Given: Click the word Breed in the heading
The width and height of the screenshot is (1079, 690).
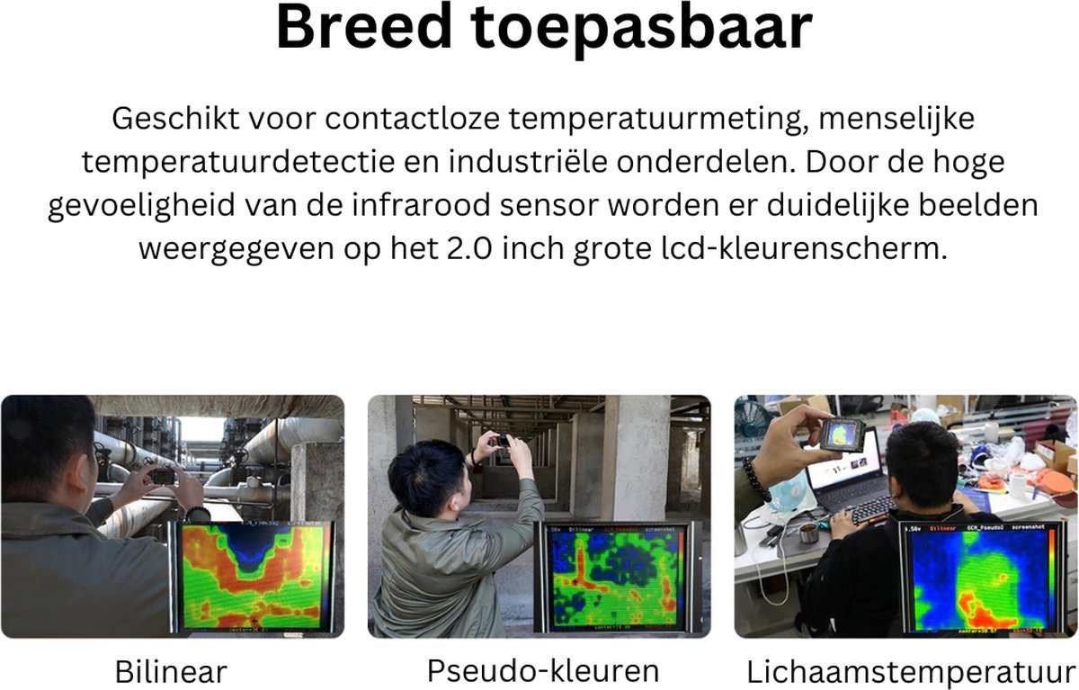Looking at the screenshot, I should click(363, 28).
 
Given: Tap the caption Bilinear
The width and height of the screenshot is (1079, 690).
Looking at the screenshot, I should click(171, 671).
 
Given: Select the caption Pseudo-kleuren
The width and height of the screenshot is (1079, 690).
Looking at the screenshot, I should click(542, 670).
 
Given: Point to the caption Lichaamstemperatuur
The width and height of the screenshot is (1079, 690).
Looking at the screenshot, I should click(910, 672).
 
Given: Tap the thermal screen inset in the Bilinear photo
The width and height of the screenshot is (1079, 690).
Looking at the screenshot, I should click(253, 576).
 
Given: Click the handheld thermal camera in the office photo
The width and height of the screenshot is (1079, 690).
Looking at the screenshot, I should click(842, 435).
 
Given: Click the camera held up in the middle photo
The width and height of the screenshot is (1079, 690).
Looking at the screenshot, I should click(503, 442).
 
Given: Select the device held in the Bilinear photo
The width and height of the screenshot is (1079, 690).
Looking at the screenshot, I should click(162, 476).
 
